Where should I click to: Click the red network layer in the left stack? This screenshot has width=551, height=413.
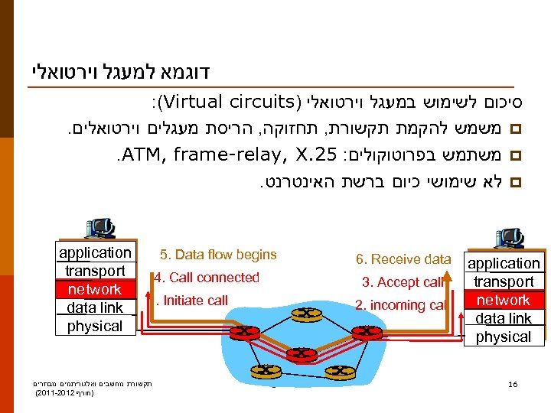(x=94, y=289)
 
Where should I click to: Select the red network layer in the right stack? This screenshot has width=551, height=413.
(x=503, y=300)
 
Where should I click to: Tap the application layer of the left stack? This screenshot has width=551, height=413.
(x=94, y=252)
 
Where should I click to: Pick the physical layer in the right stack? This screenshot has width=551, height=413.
(x=503, y=337)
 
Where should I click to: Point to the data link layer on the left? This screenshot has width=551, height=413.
(x=94, y=307)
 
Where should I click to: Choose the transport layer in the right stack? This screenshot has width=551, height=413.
(x=503, y=281)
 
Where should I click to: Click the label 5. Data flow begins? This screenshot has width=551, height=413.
(x=218, y=255)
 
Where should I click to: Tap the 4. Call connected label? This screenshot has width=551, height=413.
(x=207, y=278)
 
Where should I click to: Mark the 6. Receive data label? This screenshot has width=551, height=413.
(x=404, y=259)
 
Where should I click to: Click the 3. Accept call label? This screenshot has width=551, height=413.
(x=403, y=282)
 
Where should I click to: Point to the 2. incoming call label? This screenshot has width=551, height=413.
(x=400, y=305)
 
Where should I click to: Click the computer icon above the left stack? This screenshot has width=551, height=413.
(x=99, y=228)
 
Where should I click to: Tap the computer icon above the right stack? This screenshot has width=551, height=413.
(x=509, y=238)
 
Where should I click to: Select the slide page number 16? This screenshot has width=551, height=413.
(x=513, y=384)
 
